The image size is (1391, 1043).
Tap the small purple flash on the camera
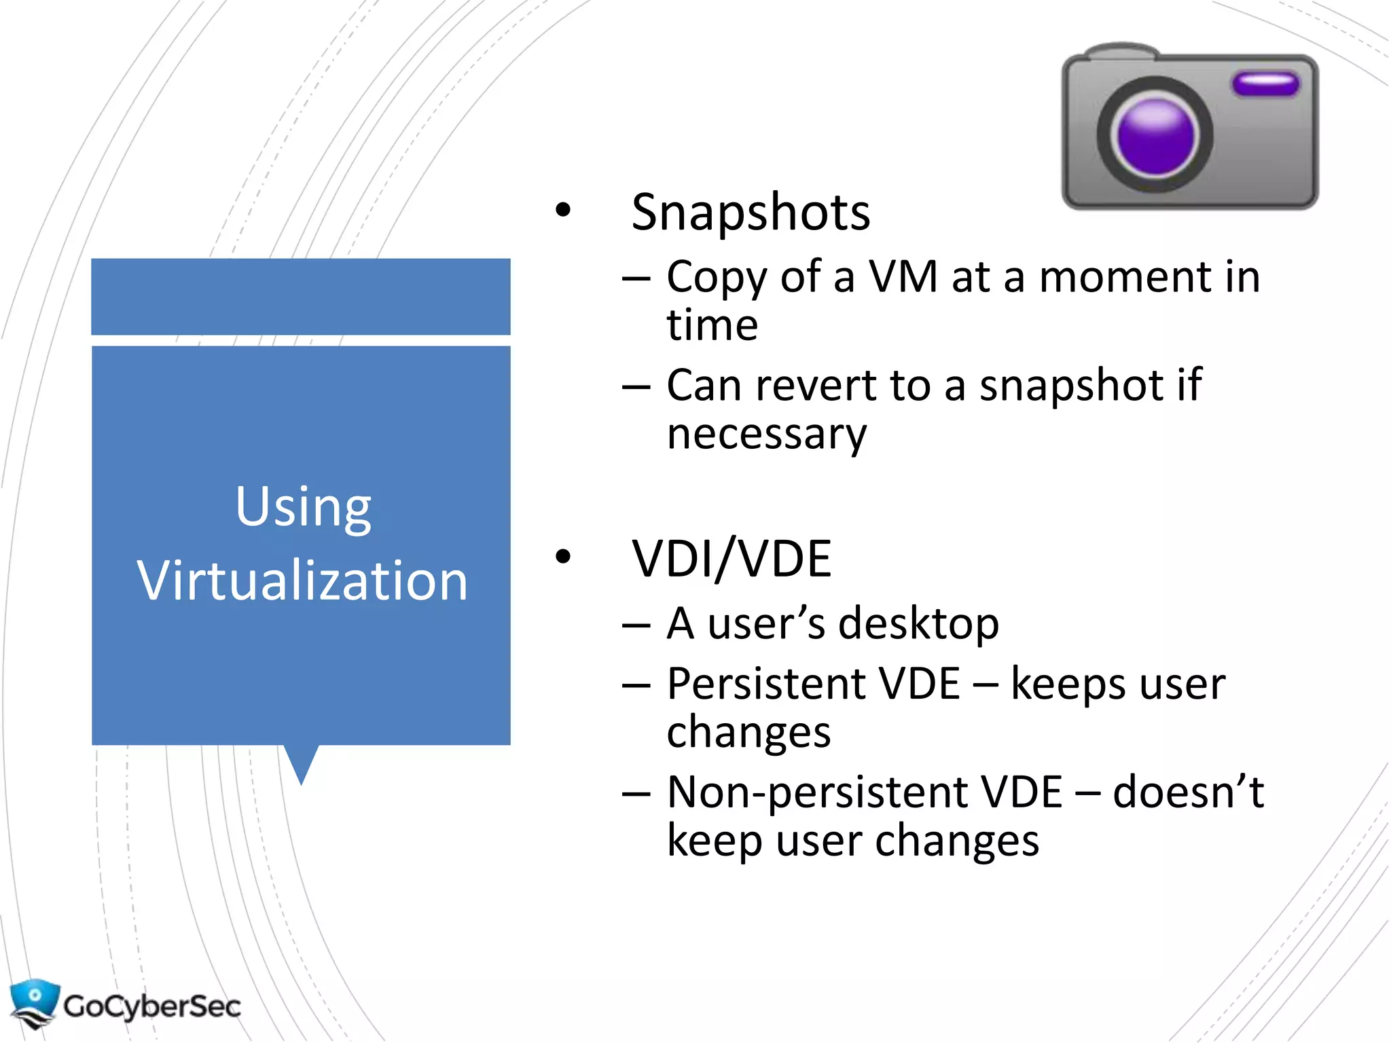tap(1265, 84)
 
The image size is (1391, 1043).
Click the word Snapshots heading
tap(751, 213)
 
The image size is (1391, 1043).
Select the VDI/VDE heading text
tap(731, 559)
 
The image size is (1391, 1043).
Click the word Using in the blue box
tap(303, 508)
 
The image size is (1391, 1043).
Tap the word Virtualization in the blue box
tap(302, 581)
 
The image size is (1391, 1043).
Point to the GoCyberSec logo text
tap(152, 1006)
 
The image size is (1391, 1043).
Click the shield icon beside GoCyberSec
tap(34, 1002)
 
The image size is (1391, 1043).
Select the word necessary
tap(767, 435)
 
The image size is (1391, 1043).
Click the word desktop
tap(918, 623)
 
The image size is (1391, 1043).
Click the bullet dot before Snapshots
tap(562, 211)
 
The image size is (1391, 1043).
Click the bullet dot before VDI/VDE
tap(562, 557)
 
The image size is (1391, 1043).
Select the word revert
tap(817, 386)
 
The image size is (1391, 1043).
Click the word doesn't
tap(1188, 792)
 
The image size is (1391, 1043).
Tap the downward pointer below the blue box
tap(301, 764)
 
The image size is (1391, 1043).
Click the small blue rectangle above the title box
tap(301, 296)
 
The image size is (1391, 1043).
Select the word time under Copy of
tap(712, 326)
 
